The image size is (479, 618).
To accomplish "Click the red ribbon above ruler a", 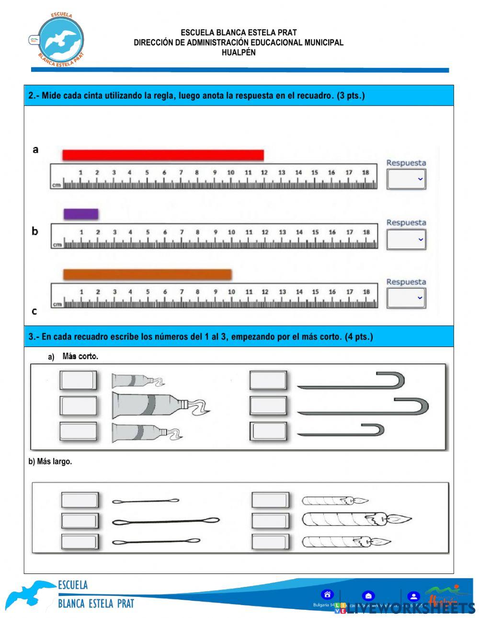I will pos(163,155).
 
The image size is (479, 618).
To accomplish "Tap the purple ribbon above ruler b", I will pos(81,214).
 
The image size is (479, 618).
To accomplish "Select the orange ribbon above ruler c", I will pos(148,274).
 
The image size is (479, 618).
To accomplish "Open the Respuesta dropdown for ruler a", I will pos(406,180).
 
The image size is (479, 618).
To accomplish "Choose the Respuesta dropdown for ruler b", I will pos(406,239).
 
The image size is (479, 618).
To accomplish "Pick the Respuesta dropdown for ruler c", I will pos(406,298).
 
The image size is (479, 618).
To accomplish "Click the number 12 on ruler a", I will pos(264,172).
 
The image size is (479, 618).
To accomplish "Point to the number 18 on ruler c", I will pos(366,292).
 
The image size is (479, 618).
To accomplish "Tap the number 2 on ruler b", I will pos(98,232).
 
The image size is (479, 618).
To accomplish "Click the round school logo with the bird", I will pos(61,40).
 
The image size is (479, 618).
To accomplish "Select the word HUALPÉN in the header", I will pos(239,53).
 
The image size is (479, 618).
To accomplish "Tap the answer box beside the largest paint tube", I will pos(78,405).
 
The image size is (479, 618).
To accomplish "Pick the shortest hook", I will pos(341,430).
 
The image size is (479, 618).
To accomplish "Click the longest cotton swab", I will pos(166,521).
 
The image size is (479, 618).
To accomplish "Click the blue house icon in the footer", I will pos(327,595).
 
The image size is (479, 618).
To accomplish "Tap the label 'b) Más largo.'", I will pos(50,462).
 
